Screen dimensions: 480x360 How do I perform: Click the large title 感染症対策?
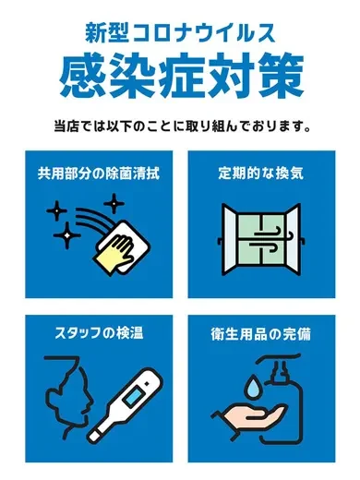click(x=180, y=78)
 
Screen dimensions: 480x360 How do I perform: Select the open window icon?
click(x=261, y=238)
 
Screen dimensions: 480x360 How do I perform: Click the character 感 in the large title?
click(x=81, y=78)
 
